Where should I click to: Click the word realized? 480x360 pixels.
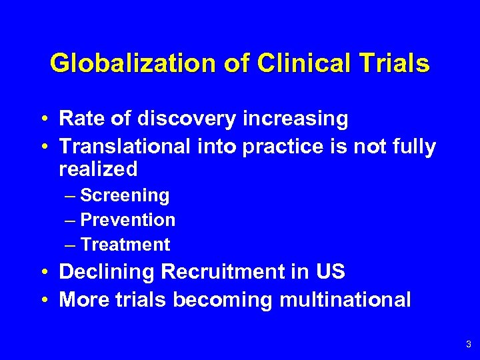(x=98, y=169)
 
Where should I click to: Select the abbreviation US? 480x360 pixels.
(x=330, y=273)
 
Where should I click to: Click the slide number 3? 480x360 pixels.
(x=469, y=345)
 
